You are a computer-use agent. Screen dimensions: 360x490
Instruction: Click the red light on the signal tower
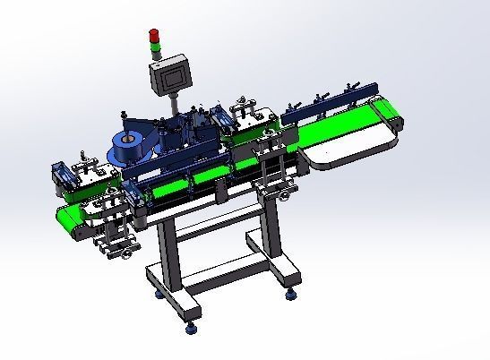point(153,34)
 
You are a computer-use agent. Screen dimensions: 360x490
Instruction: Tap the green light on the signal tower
point(153,41)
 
